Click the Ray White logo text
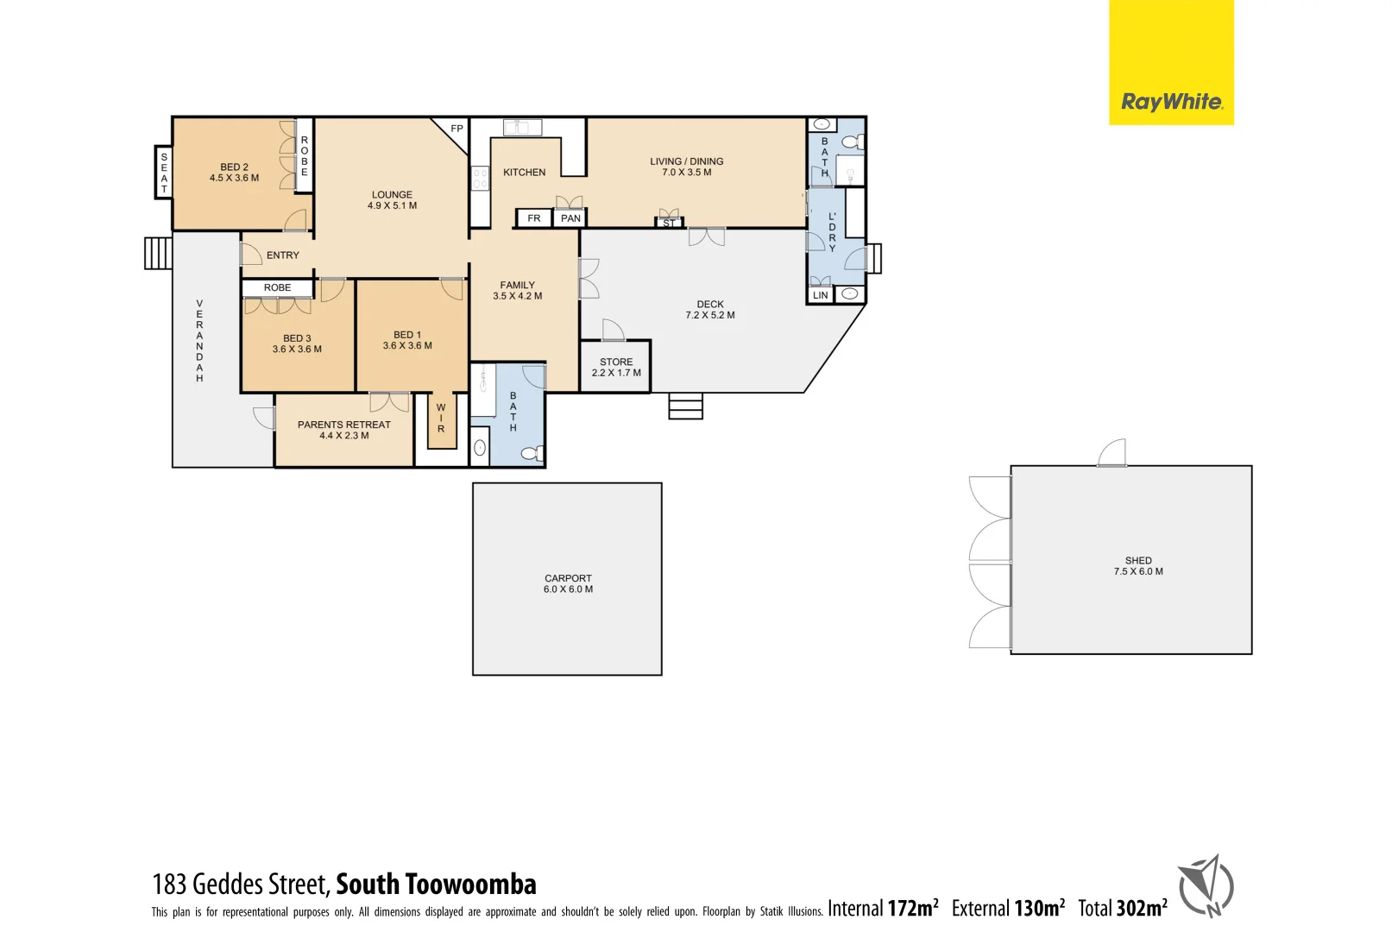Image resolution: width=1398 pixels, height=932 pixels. pos(1171,102)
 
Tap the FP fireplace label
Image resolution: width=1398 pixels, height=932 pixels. pos(457,129)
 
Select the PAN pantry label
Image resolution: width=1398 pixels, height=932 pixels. pos(570,218)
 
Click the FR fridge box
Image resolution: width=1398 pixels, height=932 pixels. pos(534,218)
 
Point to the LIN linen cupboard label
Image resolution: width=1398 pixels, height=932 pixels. pos(820,295)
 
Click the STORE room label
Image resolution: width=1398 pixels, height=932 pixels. pos(616,362)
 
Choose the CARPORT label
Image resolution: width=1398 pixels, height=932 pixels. pos(568,578)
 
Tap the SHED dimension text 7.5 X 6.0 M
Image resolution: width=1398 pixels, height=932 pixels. pos(1137,571)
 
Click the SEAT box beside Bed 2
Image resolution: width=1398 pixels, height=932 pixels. pos(164,173)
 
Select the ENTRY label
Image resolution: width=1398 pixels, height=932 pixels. pos(282,255)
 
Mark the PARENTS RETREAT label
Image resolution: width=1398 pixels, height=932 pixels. pos(343,425)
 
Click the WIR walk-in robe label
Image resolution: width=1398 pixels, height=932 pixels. pos(441,418)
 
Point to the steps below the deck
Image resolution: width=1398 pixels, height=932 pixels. pos(685,406)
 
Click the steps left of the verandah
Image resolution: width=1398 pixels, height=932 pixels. pos(158,254)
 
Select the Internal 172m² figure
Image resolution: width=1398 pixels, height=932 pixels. pos(882,908)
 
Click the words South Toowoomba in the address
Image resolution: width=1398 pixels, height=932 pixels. pos(436,885)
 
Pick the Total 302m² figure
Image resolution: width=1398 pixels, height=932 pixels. pos(1122,908)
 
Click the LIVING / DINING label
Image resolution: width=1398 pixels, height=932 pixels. pos(686,161)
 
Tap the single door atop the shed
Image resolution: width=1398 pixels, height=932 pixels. pos(1112,453)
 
